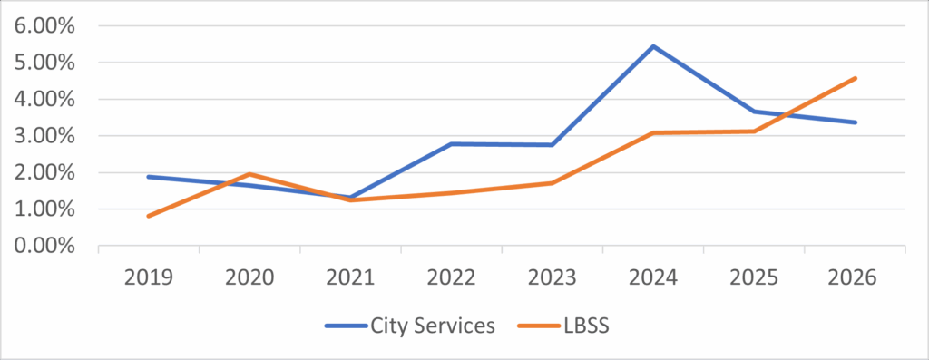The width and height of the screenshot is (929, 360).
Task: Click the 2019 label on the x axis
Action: tap(148, 277)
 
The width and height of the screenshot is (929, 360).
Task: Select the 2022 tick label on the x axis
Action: tap(451, 277)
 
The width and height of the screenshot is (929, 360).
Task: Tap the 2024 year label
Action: tap(653, 277)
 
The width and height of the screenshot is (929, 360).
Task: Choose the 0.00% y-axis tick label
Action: tap(45, 246)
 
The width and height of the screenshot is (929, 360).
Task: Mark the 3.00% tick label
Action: tap(45, 136)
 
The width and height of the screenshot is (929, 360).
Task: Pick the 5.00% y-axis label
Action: tap(45, 63)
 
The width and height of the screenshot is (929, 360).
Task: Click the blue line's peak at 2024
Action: tap(653, 46)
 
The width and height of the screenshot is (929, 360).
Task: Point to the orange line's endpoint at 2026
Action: tap(855, 78)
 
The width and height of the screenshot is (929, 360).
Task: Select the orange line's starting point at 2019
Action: tap(148, 216)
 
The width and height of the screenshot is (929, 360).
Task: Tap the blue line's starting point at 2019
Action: tap(148, 177)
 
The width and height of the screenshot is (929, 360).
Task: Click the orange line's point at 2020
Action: tap(249, 174)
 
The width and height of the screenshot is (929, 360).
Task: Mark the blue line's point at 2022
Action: tap(451, 144)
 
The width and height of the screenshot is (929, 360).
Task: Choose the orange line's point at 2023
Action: tap(552, 183)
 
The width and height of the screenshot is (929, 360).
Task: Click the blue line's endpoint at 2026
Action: tap(855, 122)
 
